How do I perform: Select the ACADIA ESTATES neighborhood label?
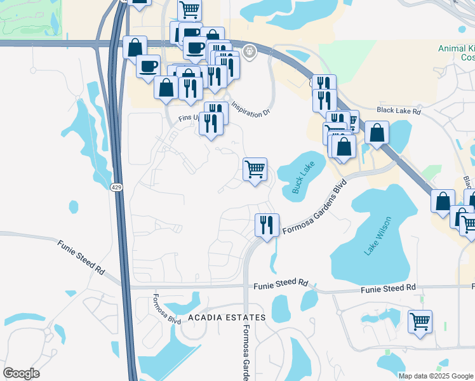tap(226, 317)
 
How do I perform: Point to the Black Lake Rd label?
tap(398, 111)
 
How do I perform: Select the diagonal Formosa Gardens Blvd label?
tap(315, 208)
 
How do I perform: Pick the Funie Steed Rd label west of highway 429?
tap(81, 257)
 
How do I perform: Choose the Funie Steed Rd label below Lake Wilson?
tap(387, 289)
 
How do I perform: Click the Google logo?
tap(21, 373)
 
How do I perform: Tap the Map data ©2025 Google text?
tap(436, 376)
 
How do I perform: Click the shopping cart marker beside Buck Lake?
tap(255, 170)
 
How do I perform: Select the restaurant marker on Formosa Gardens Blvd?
tap(267, 225)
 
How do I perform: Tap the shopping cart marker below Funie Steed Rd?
tap(420, 321)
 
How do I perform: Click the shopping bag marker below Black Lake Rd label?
tap(377, 133)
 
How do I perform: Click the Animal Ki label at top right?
tap(456, 48)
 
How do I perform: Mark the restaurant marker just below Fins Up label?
tap(211, 123)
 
